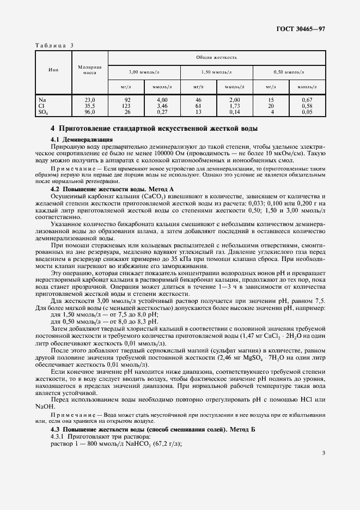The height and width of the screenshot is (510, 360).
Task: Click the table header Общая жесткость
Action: (x=217, y=57)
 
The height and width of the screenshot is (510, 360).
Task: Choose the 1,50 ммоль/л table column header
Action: (x=217, y=71)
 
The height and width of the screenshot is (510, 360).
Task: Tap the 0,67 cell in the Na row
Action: (x=307, y=100)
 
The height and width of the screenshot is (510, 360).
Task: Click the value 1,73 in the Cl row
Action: (x=235, y=106)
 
